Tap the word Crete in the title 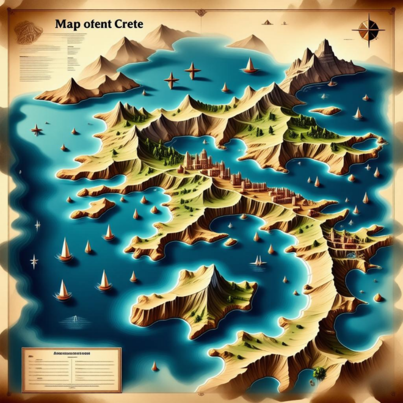[127, 25]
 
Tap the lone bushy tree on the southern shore [319, 372]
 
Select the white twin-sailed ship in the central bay [259, 261]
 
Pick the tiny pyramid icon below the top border [267, 22]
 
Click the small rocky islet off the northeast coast [326, 111]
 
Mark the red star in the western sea [37, 129]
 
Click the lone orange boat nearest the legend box [154, 366]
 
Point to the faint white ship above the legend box [74, 318]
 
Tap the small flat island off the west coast [93, 208]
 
